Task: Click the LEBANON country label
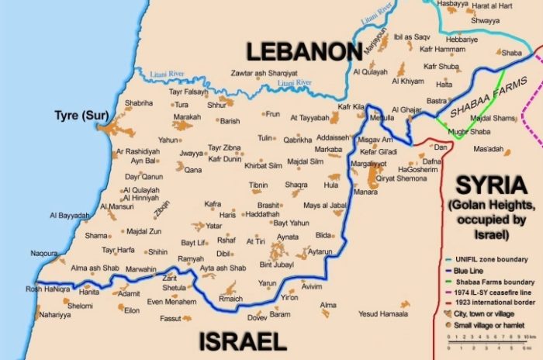click(x=304, y=53)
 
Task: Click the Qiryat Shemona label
click(x=402, y=178)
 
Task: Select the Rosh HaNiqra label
click(x=48, y=289)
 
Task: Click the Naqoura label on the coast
click(x=43, y=253)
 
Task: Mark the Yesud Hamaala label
click(x=383, y=313)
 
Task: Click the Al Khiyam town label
click(x=408, y=81)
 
